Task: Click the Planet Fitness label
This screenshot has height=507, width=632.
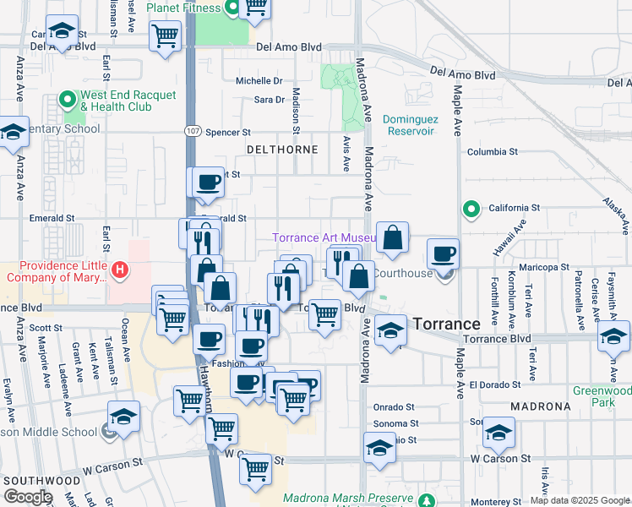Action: pos(183,8)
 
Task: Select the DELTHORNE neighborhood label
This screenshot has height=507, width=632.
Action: pos(281,150)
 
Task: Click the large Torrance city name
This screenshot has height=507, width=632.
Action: pos(446,324)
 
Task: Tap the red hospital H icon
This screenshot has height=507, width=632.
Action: pos(121,270)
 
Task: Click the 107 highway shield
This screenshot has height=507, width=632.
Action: pos(192,132)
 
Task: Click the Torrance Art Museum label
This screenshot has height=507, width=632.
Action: pos(324,238)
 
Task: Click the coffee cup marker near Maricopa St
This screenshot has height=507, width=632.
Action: pos(443,253)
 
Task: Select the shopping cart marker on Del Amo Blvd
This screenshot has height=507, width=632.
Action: pos(166,36)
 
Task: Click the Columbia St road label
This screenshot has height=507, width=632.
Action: pos(493,151)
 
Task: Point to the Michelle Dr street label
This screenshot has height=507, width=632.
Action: pos(259,81)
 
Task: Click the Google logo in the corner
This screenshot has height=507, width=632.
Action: pos(27,497)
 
